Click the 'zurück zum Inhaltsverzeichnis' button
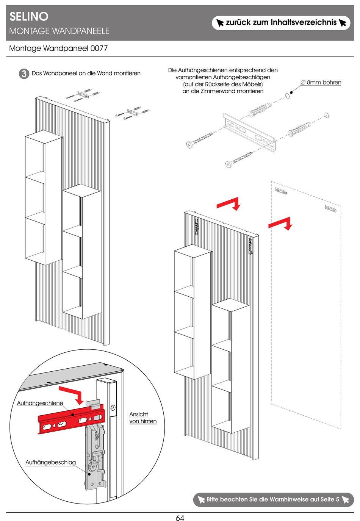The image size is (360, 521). (281, 23)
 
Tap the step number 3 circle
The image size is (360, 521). (24, 74)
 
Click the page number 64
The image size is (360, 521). (180, 518)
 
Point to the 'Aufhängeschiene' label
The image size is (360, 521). (40, 403)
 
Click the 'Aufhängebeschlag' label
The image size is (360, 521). (50, 462)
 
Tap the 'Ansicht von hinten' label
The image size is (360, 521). (143, 418)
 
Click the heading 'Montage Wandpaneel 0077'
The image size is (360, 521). (58, 49)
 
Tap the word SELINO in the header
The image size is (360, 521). (29, 16)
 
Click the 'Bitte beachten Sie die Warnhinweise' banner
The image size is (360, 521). (273, 499)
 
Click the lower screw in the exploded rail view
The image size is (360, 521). (239, 159)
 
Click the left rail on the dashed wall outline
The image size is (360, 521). (281, 191)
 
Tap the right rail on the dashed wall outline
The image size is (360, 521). (330, 209)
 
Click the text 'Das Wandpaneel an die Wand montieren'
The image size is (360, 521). (86, 74)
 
